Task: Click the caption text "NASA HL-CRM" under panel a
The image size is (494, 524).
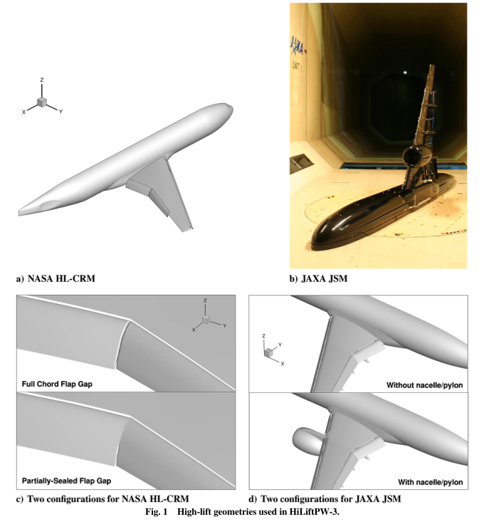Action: pos(61,278)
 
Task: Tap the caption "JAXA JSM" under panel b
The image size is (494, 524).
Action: pos(325,278)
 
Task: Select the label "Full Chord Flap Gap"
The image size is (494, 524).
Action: pos(57,384)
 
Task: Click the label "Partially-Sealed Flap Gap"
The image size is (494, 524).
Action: pos(66,481)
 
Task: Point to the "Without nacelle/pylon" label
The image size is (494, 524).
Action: pos(424,385)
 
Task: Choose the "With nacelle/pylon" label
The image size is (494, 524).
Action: pos(430,482)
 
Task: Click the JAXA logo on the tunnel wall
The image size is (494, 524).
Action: pos(297,46)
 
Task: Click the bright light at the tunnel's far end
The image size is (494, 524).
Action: pos(405,73)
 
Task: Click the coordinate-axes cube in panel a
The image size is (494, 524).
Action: pos(42,103)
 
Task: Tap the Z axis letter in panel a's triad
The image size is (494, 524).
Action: pos(42,80)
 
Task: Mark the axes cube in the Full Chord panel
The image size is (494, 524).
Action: pos(206,320)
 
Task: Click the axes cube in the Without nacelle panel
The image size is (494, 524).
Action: pos(268,352)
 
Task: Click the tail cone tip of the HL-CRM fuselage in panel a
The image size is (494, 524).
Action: pos(19,213)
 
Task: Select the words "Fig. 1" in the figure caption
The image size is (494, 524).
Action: pos(157,512)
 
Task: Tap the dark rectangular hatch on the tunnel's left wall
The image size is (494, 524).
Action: pos(301,164)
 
